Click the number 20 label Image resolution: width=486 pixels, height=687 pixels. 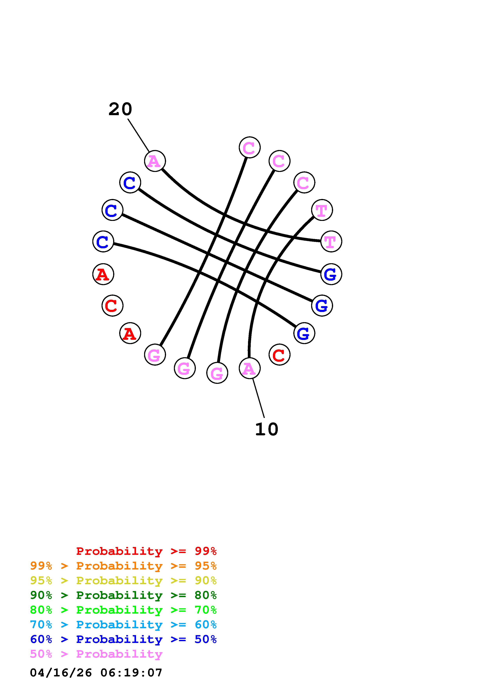click(x=120, y=109)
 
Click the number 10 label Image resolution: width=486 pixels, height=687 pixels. click(x=266, y=429)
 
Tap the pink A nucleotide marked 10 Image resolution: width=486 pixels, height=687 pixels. click(x=249, y=368)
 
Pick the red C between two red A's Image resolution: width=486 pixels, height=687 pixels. click(x=112, y=306)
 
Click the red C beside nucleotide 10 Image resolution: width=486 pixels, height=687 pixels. click(x=279, y=355)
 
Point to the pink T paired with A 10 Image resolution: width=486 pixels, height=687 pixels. click(x=322, y=210)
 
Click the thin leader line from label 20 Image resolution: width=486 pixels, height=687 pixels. click(x=138, y=135)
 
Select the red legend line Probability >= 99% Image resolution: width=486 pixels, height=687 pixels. click(x=146, y=551)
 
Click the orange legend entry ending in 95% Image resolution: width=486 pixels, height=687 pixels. click(x=123, y=566)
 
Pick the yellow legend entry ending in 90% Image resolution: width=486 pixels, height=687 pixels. click(x=123, y=580)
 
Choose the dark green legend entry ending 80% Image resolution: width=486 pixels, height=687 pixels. click(x=123, y=595)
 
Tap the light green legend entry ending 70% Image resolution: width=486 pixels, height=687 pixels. click(x=123, y=610)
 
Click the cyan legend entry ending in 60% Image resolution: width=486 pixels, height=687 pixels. click(x=123, y=625)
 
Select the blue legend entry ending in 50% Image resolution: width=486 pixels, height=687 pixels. click(x=123, y=639)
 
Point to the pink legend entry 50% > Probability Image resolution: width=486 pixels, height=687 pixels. click(x=96, y=654)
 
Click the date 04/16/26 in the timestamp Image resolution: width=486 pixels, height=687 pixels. click(x=61, y=673)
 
